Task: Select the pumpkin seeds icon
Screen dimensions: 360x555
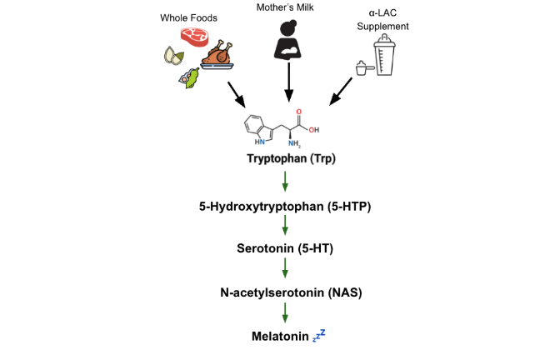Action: (x=175, y=56)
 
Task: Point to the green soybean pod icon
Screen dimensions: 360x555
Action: (x=191, y=78)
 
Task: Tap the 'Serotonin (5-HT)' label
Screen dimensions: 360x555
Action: (x=285, y=247)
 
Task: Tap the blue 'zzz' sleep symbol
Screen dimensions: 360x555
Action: (x=319, y=335)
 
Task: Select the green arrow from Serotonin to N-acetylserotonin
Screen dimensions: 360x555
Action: (x=285, y=269)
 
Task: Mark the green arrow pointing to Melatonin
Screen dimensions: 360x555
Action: (x=285, y=313)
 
